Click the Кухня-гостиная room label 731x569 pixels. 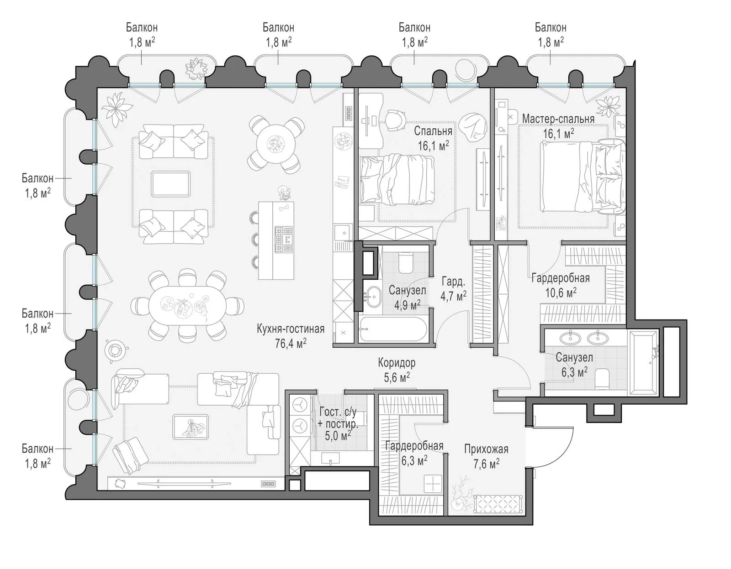pyautogui.click(x=291, y=329)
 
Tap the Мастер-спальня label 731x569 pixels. pyautogui.click(x=558, y=119)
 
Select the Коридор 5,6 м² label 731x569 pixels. pyautogui.click(x=397, y=370)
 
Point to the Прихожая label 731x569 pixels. pyautogui.click(x=486, y=449)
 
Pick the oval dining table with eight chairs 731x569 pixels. pyautogui.click(x=187, y=305)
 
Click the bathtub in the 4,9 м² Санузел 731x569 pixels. pyautogui.click(x=392, y=329)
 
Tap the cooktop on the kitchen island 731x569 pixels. pyautogui.click(x=283, y=239)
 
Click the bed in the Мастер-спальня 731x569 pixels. pyautogui.click(x=583, y=177)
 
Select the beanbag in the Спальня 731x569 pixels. pyautogui.click(x=472, y=128)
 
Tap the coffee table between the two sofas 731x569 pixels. pyautogui.click(x=170, y=184)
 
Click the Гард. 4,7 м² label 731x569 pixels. pyautogui.click(x=453, y=288)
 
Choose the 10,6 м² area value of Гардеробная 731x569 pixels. pyautogui.click(x=561, y=292)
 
